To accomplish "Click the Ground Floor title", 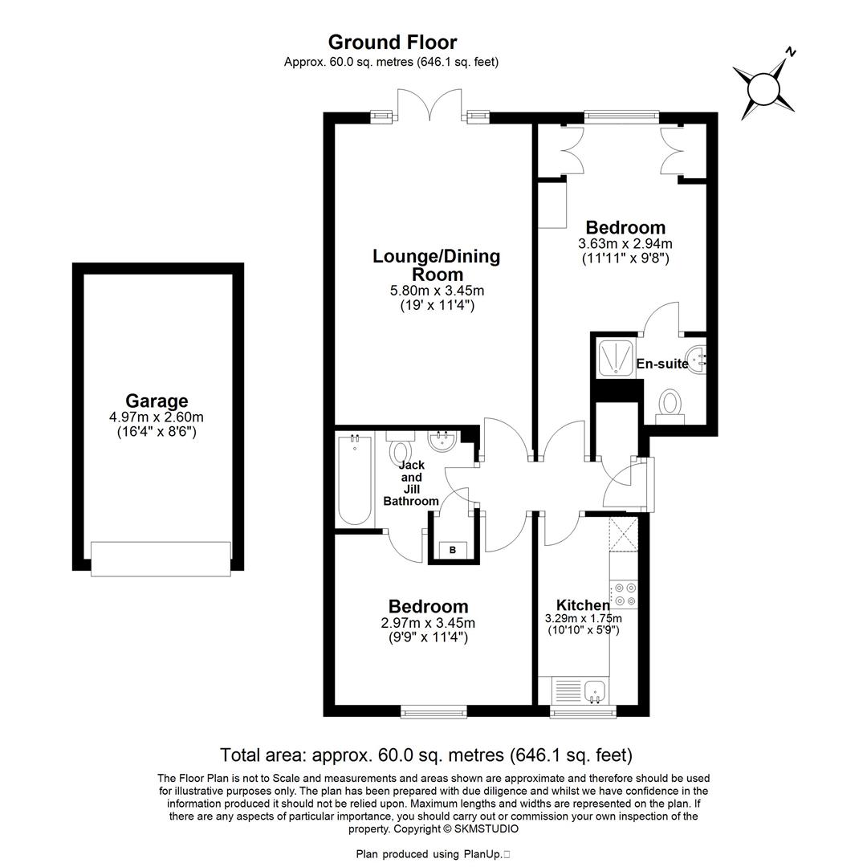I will [x=393, y=43].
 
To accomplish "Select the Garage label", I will [x=157, y=401].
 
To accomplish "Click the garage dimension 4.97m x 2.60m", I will [x=157, y=417].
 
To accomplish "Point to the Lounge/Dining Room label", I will [x=436, y=265].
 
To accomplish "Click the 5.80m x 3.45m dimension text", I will [x=436, y=291].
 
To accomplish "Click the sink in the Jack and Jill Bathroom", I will [x=442, y=441].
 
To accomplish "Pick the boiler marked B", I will [x=453, y=549].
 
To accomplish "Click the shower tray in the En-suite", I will [x=616, y=357].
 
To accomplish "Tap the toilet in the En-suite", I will [x=670, y=404].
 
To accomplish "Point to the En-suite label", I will [x=662, y=364].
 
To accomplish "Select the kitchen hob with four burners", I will [x=624, y=595].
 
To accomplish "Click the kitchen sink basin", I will [x=595, y=690].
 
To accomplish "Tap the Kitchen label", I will [x=583, y=604].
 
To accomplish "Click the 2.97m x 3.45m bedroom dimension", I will [x=429, y=623].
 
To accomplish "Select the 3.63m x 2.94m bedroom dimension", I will [x=625, y=243].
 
